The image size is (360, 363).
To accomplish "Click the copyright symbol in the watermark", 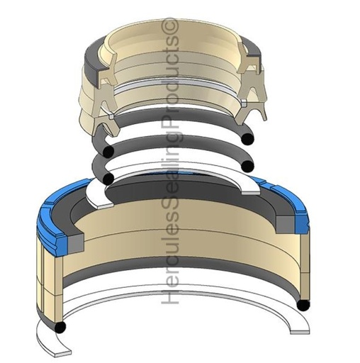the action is pos(172,26).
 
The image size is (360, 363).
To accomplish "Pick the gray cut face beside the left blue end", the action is pos(76,242).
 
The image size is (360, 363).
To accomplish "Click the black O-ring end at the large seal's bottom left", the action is pos(60,328).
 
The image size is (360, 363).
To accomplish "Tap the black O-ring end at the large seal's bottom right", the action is pos(303,305).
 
